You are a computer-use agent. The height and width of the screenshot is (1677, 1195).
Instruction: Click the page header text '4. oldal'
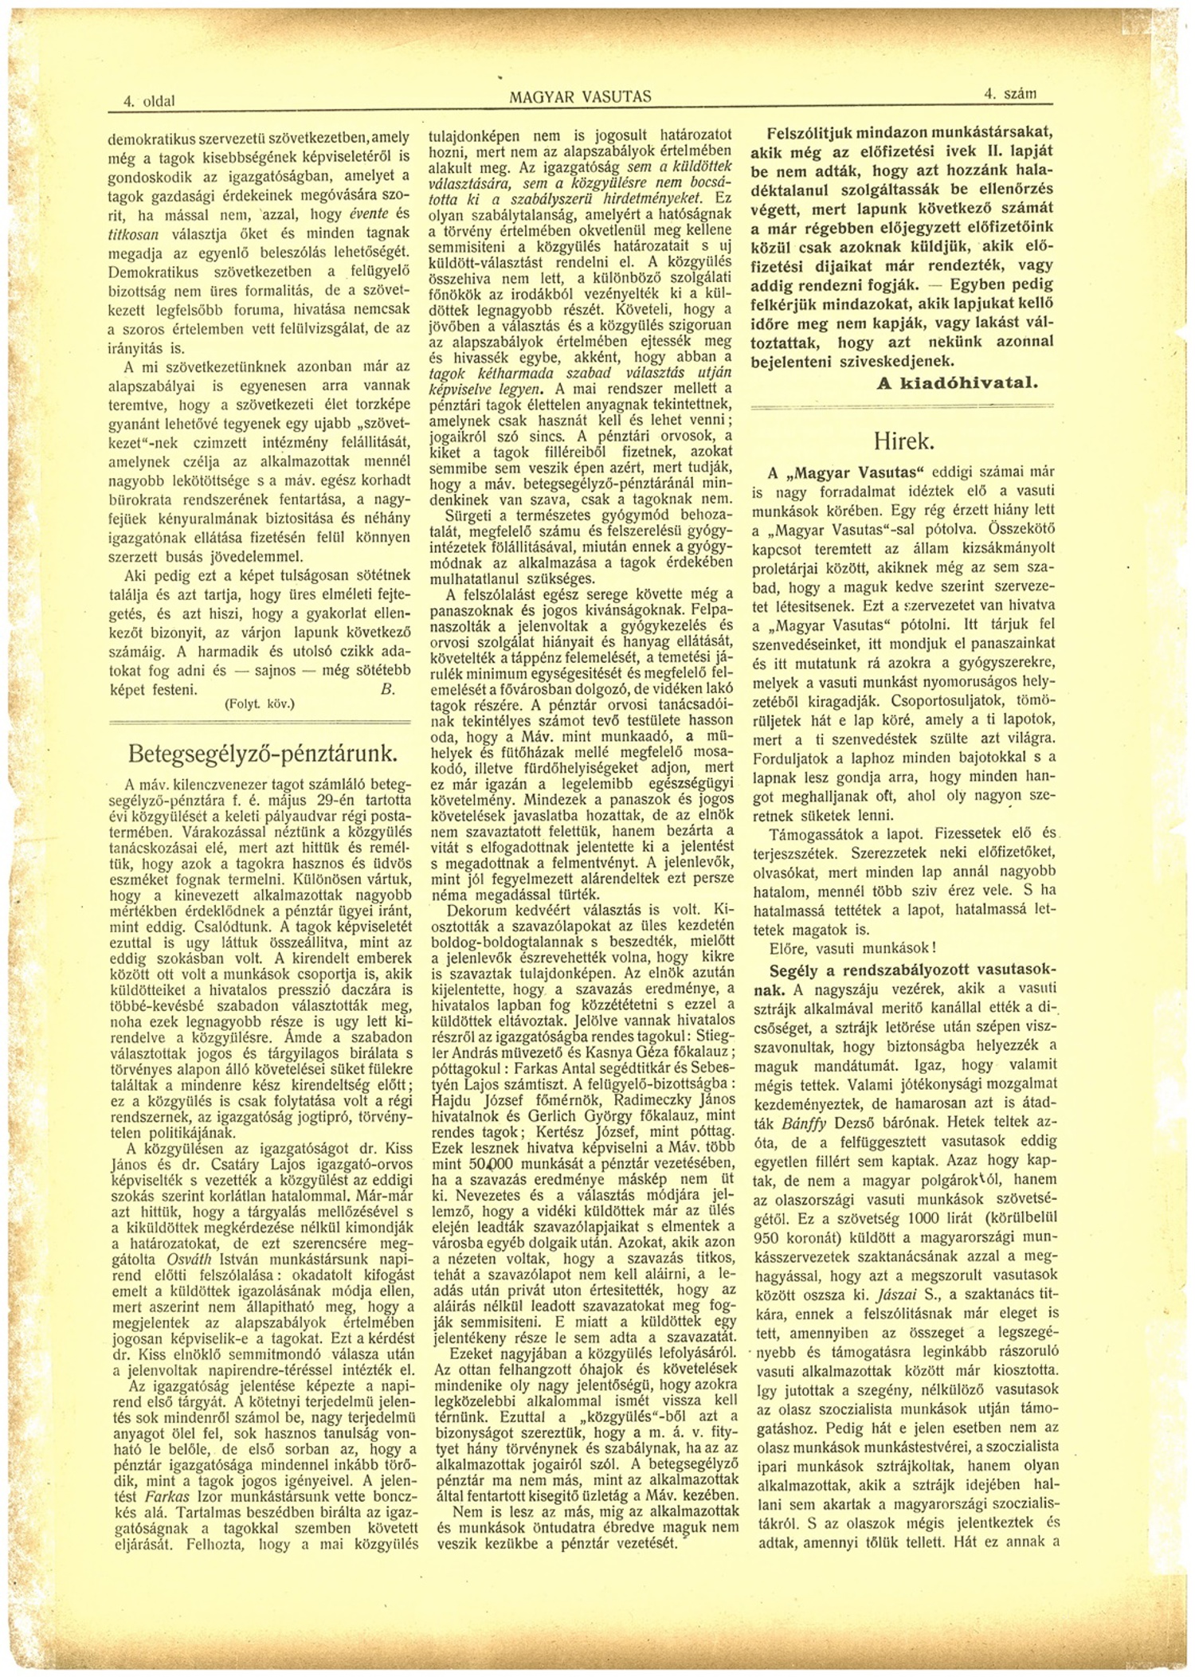coord(149,102)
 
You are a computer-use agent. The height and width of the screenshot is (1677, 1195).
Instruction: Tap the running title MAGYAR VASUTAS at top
coord(580,97)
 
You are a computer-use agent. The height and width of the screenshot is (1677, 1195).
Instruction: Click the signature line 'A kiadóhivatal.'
coord(957,382)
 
